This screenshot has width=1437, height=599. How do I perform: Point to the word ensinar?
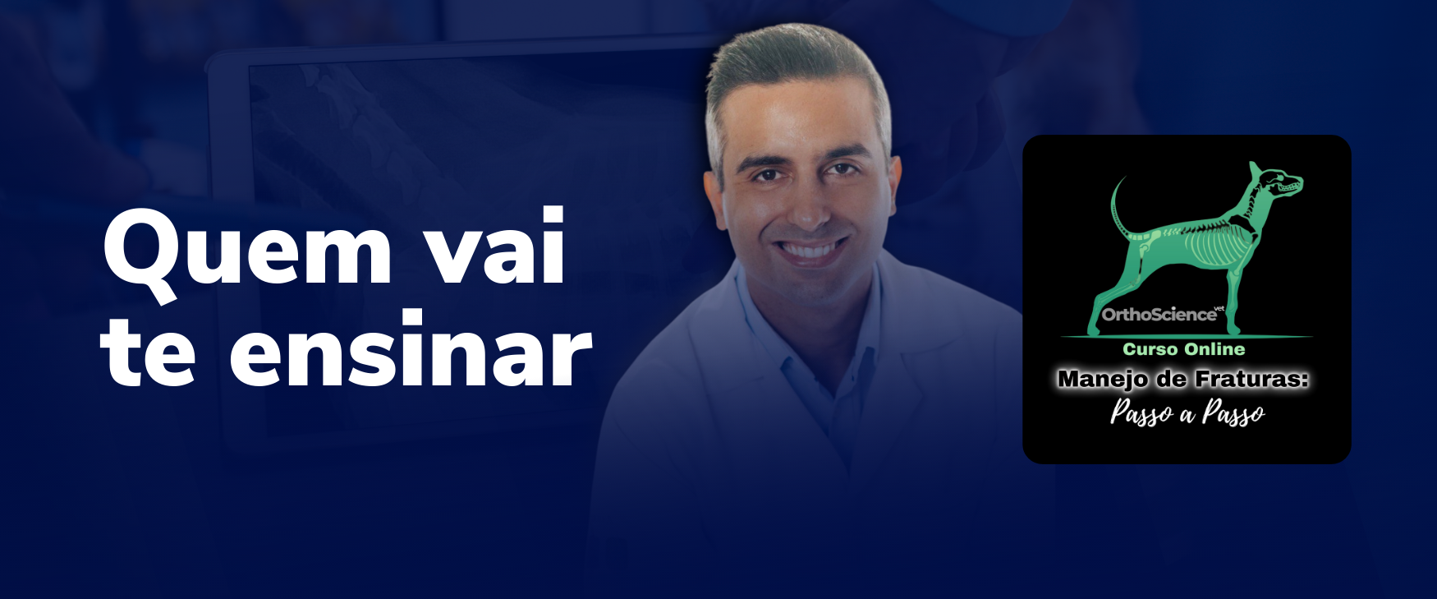(x=411, y=348)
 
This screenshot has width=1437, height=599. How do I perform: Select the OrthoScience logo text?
(x=1159, y=315)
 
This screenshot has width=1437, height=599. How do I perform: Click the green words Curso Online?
(x=1184, y=349)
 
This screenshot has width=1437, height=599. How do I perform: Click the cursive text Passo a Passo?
(x=1187, y=412)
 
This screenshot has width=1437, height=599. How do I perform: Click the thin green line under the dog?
(x=1187, y=337)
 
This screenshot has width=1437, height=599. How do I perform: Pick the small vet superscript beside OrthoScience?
(x=1219, y=309)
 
